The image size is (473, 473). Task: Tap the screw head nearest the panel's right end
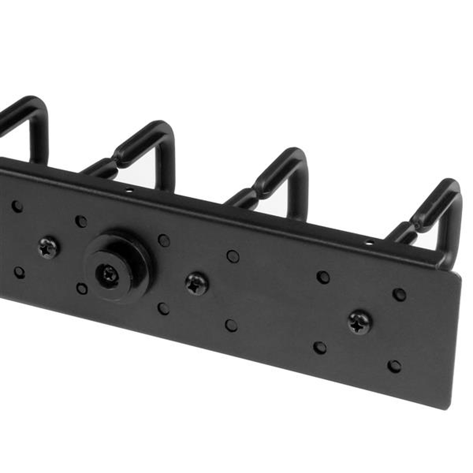[x=359, y=322]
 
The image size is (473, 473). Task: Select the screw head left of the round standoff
[x=48, y=248]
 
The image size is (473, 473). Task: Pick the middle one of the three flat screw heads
[x=197, y=284]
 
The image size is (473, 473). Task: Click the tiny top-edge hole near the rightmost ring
[x=369, y=243]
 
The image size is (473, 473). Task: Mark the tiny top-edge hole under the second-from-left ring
[x=129, y=190]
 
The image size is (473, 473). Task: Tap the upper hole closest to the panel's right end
[x=399, y=294]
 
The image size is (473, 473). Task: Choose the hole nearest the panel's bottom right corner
[x=394, y=366]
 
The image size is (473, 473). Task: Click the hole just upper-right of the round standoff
[x=164, y=240]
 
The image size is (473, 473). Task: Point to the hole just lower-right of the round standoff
[x=164, y=309]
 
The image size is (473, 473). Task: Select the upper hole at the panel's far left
[x=17, y=206]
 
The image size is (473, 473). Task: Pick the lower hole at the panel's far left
[x=19, y=272]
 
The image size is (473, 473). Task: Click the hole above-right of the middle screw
[x=233, y=256]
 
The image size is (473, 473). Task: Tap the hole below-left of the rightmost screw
[x=320, y=348]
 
